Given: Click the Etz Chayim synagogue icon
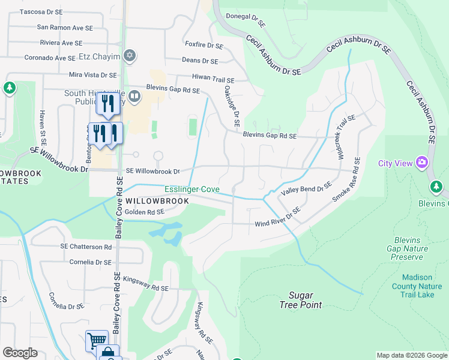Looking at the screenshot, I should click(x=128, y=56).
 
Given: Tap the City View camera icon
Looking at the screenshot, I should click(x=421, y=163).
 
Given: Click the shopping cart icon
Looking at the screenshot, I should click(x=96, y=341).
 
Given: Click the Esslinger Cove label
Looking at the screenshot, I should click(x=192, y=190).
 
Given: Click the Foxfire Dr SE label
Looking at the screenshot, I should click(x=204, y=45).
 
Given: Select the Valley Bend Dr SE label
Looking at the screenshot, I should click(x=306, y=190).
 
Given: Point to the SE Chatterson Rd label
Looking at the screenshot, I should click(x=86, y=247).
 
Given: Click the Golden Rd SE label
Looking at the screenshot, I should click(x=144, y=212).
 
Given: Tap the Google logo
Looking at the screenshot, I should click(x=20, y=353).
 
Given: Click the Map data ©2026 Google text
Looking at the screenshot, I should click(x=412, y=355).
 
